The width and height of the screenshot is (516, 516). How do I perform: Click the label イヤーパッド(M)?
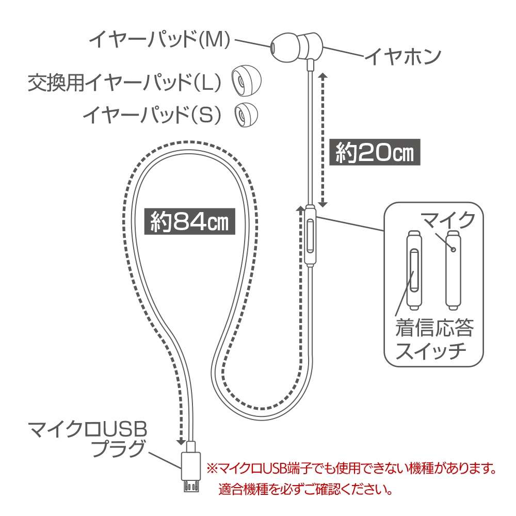pos(159,40)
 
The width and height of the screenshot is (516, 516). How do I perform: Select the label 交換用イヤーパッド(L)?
pos(124,82)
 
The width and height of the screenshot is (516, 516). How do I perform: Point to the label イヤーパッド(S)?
pos(152,115)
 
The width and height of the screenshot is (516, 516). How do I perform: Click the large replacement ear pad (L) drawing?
pos(246,80)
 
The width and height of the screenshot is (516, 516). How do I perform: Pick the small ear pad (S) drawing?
pos(246,115)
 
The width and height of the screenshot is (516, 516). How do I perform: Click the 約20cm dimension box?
pos(375,152)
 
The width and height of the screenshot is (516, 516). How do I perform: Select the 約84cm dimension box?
pos(189,221)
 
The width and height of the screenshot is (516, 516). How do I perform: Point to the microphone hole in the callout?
pos(453,249)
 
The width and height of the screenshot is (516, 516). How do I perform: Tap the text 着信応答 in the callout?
pos(434,328)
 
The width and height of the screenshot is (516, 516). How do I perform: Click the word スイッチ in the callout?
pos(430,351)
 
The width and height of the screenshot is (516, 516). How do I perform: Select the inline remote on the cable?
pos(310,235)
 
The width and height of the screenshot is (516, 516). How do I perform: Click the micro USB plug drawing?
pos(191,466)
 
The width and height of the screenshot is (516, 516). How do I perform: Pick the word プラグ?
pos(118,448)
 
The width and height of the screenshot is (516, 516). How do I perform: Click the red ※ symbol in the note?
pos(212,469)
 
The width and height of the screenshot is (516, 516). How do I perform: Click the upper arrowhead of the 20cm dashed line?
pos(323,76)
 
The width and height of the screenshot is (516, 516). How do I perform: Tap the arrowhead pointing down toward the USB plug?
pos(181,442)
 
